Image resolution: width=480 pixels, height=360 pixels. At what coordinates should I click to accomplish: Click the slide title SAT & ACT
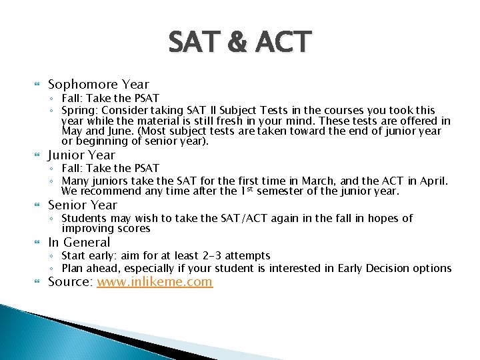[x=239, y=42]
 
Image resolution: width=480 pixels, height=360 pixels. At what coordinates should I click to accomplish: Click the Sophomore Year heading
[x=99, y=84]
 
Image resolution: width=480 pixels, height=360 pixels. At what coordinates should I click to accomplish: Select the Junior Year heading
[x=82, y=155]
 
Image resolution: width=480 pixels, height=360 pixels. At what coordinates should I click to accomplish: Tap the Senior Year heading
[x=83, y=205]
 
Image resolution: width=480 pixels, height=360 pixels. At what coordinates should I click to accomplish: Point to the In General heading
[x=79, y=242]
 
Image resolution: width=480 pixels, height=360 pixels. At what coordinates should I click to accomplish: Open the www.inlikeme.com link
[x=155, y=281]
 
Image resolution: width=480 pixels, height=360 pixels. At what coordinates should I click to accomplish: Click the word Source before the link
[x=70, y=281]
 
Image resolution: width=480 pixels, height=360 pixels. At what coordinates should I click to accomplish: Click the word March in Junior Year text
[x=316, y=181]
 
